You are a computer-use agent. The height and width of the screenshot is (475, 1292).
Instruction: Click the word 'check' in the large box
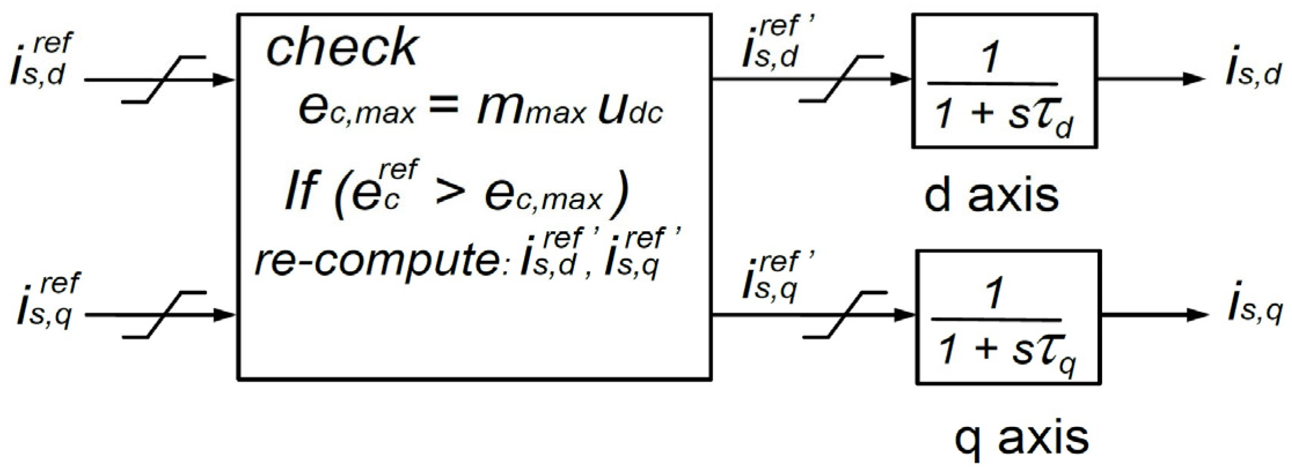pos(341,47)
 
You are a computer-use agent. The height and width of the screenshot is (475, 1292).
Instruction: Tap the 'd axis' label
pos(991,196)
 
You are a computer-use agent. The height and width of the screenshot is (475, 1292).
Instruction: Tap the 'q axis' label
pos(1021,438)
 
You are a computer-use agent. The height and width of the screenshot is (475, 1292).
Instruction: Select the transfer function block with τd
pos(1004,81)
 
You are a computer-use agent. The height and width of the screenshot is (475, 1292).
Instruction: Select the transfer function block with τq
pos(1008,317)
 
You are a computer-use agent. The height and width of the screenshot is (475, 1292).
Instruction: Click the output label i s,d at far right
pos(1253,74)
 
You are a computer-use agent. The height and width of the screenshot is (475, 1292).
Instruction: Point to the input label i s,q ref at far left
pos(47,301)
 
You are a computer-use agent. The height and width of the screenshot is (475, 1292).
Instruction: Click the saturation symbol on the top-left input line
pos(164,80)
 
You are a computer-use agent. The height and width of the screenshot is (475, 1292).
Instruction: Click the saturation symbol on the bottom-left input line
pos(164,315)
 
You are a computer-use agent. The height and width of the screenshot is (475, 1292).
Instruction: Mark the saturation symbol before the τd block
pos(841,79)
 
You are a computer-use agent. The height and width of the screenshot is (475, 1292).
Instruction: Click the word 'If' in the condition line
pos(302,191)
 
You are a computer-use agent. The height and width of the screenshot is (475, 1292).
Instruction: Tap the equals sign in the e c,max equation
pos(444,107)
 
